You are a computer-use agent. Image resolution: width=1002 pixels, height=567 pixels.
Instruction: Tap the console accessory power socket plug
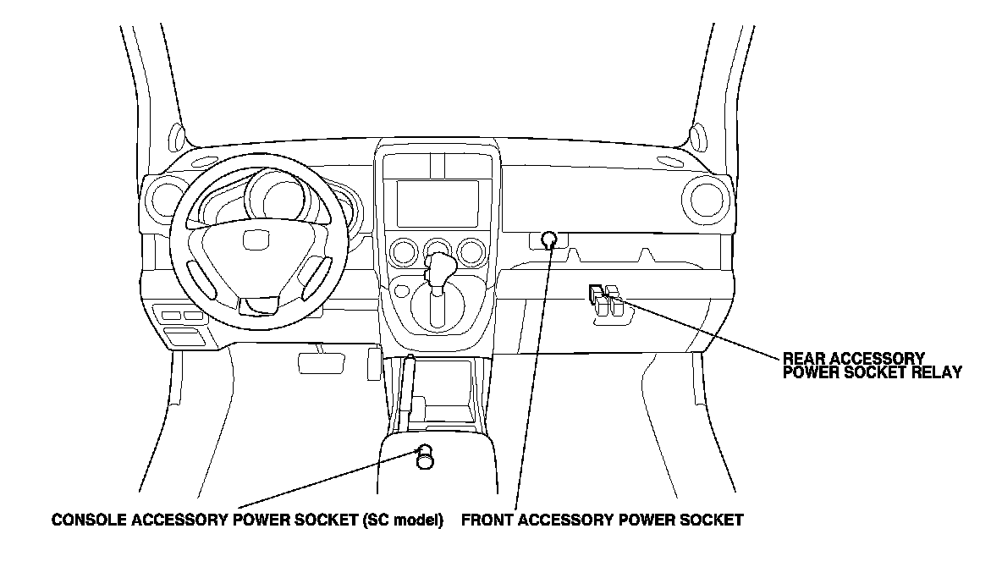tap(425, 457)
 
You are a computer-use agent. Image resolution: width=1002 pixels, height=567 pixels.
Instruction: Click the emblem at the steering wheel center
tap(254, 241)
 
